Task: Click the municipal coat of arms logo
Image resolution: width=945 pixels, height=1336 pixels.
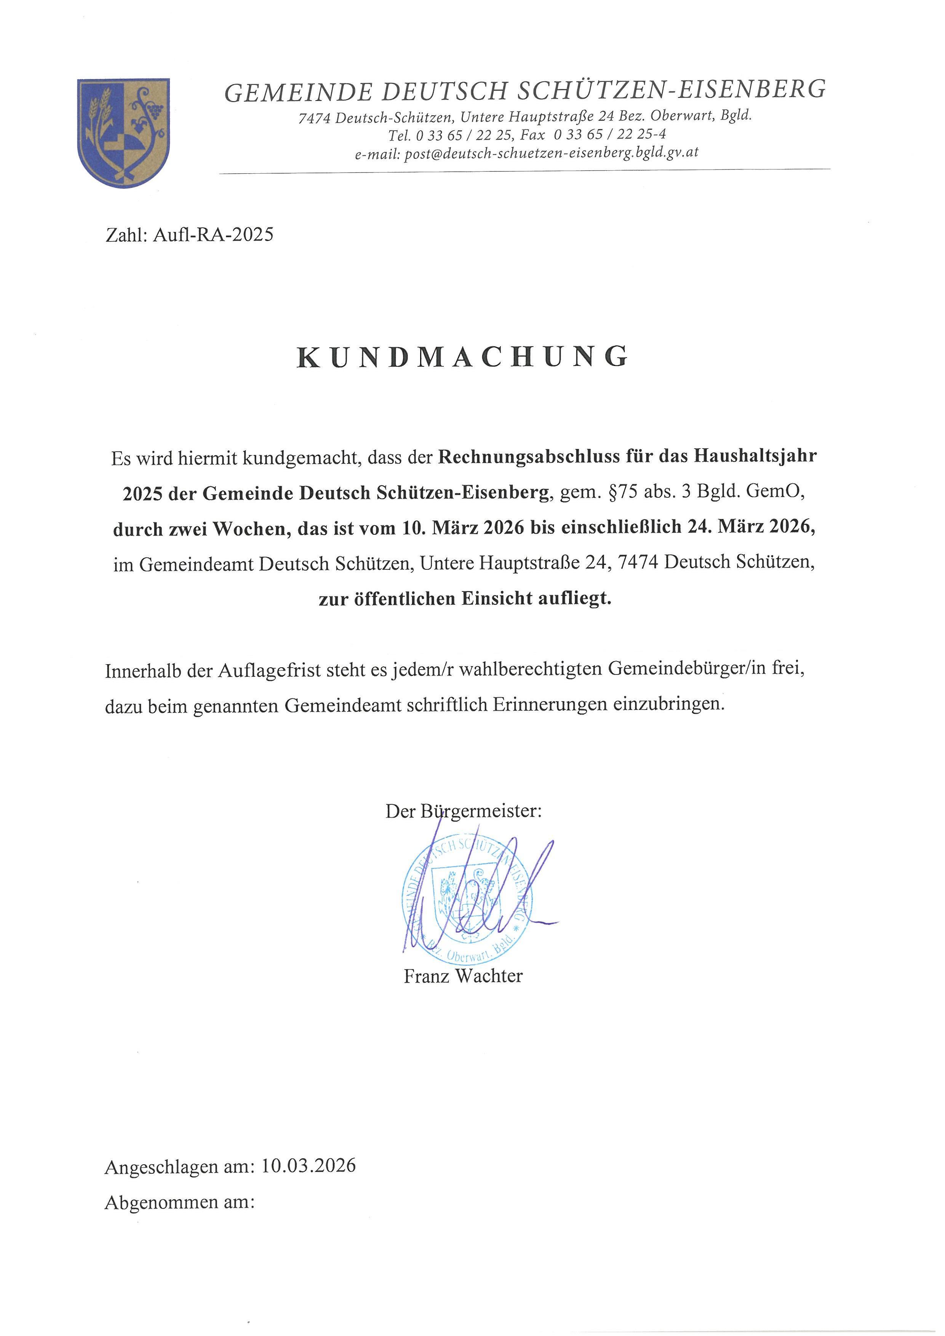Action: tap(123, 133)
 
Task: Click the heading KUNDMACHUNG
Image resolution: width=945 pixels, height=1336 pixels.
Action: tap(463, 357)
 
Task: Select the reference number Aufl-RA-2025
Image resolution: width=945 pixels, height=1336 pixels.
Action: tap(213, 235)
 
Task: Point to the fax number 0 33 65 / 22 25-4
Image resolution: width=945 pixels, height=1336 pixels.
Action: tap(609, 135)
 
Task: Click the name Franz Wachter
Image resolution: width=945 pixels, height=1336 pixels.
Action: tap(463, 976)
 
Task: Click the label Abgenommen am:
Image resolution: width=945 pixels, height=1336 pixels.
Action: tap(180, 1202)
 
